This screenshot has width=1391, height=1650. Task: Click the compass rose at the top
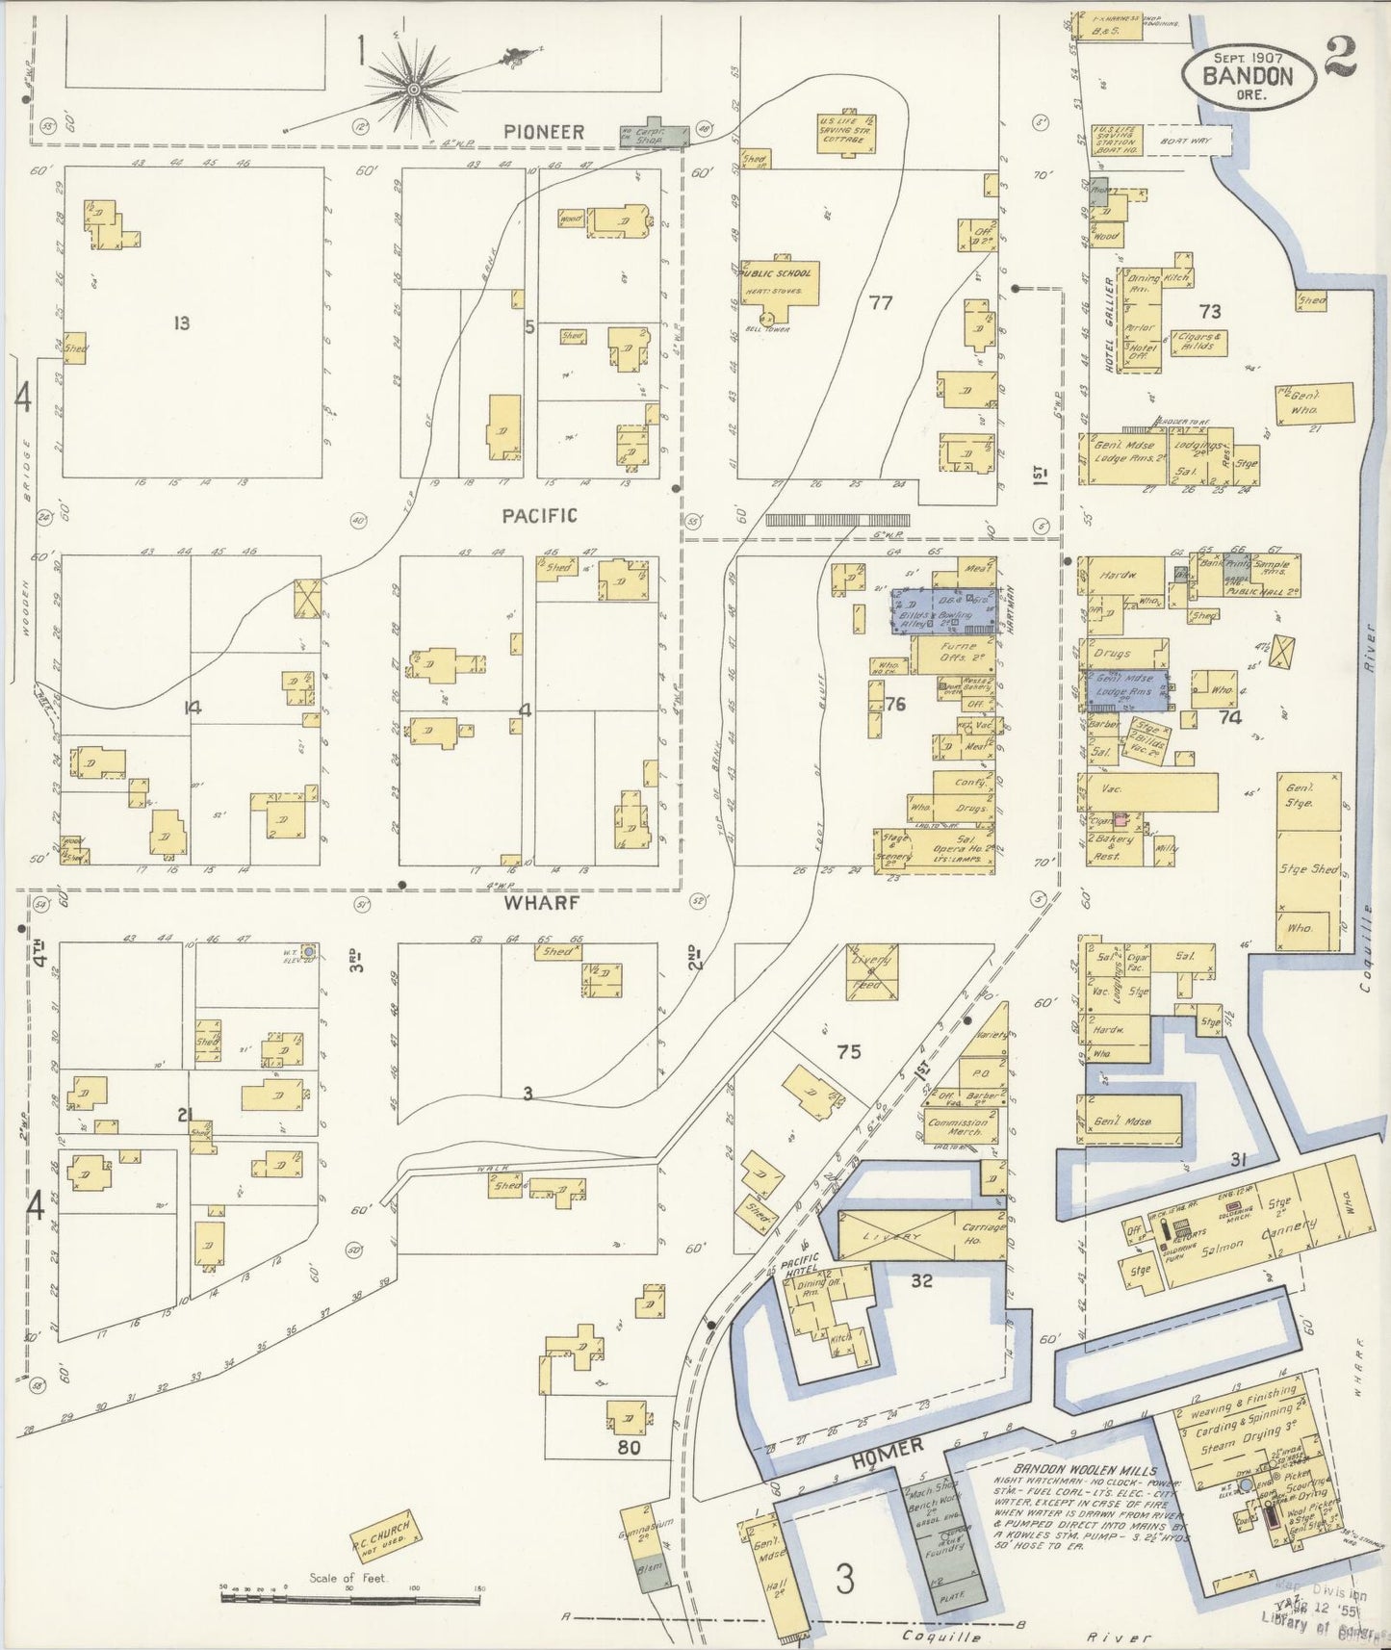click(x=414, y=89)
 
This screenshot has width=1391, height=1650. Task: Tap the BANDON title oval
click(x=1249, y=74)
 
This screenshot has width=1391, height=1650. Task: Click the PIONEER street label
click(x=545, y=131)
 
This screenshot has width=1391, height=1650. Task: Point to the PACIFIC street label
click(x=539, y=516)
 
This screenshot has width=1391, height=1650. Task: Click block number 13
click(x=181, y=323)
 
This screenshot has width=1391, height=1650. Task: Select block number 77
click(x=880, y=302)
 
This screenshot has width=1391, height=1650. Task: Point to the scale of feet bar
click(x=350, y=1599)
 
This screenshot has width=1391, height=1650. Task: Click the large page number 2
click(x=1341, y=56)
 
